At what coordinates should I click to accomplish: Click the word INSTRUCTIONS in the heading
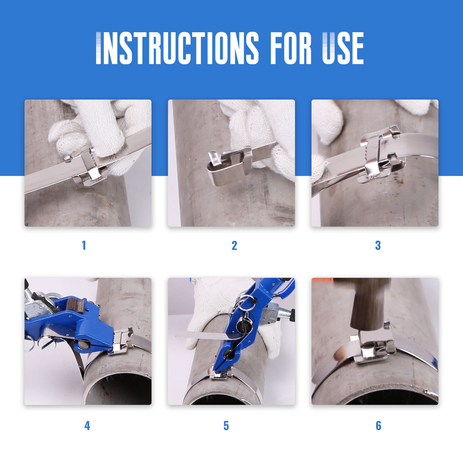178,48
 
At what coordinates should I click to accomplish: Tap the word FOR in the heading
290,48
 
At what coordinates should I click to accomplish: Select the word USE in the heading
343,48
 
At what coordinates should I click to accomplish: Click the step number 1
84,245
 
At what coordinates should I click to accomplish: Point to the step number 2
234,245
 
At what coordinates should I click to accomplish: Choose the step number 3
378,245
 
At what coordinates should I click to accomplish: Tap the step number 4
87,425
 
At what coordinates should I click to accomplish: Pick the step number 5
226,425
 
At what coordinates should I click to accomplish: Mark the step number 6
378,425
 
